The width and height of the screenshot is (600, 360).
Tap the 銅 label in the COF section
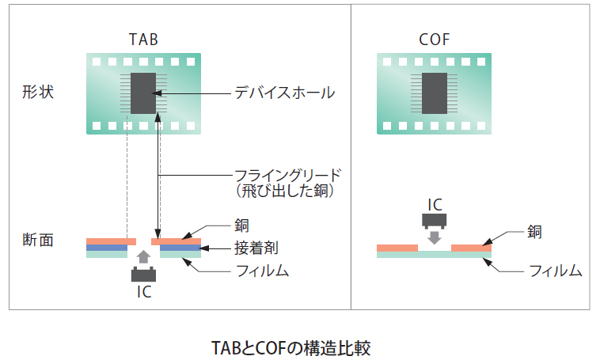[x=536, y=232]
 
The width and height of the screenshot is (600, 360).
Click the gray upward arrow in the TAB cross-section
[x=143, y=256]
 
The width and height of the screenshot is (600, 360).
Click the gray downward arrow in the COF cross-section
[x=435, y=236]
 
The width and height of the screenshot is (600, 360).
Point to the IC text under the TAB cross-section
[x=143, y=292]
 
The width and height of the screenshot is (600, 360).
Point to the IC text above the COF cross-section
[x=435, y=203]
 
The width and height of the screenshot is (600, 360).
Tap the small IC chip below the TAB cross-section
[x=143, y=275]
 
